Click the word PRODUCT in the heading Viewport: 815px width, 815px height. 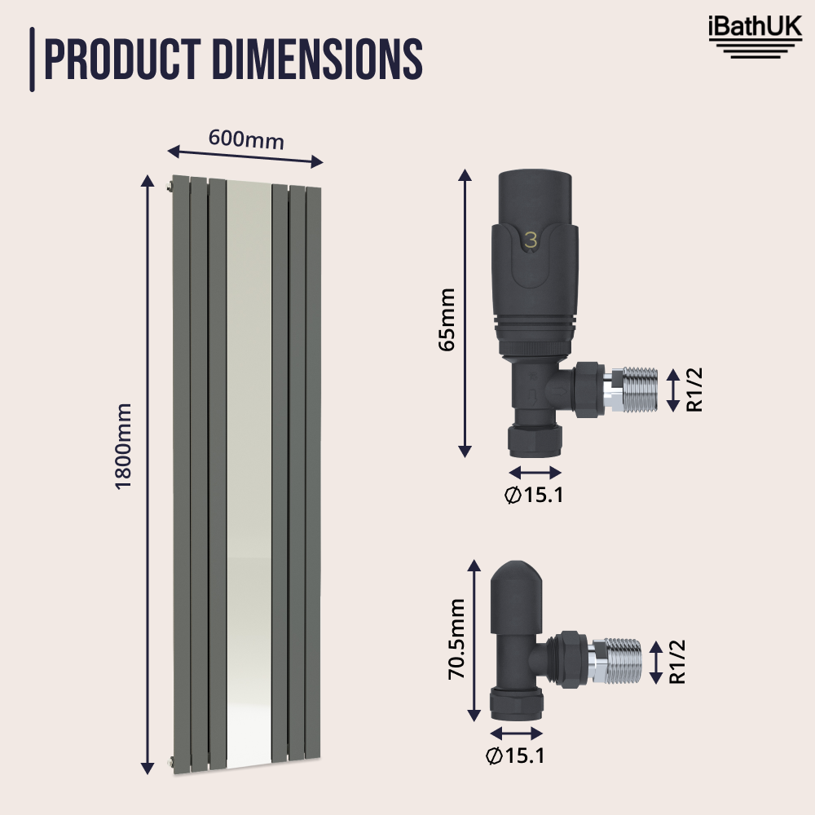point(121,59)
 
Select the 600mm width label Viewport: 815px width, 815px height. point(246,139)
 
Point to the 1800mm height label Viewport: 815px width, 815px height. point(123,446)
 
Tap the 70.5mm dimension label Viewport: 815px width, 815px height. point(456,638)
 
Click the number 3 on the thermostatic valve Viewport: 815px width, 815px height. point(531,240)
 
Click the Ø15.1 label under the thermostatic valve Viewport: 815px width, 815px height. point(534,495)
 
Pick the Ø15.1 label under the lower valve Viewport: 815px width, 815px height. point(514,756)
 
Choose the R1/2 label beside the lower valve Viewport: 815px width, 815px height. point(676,662)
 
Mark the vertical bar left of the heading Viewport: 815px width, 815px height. point(32,59)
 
